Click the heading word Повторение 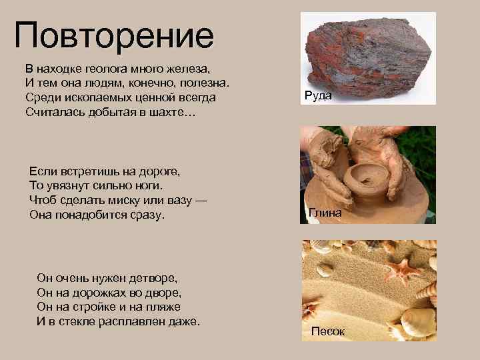(114, 37)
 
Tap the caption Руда (318, 95)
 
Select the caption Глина (325, 213)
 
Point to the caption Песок (327, 331)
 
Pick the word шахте (161, 112)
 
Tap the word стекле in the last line (77, 321)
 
